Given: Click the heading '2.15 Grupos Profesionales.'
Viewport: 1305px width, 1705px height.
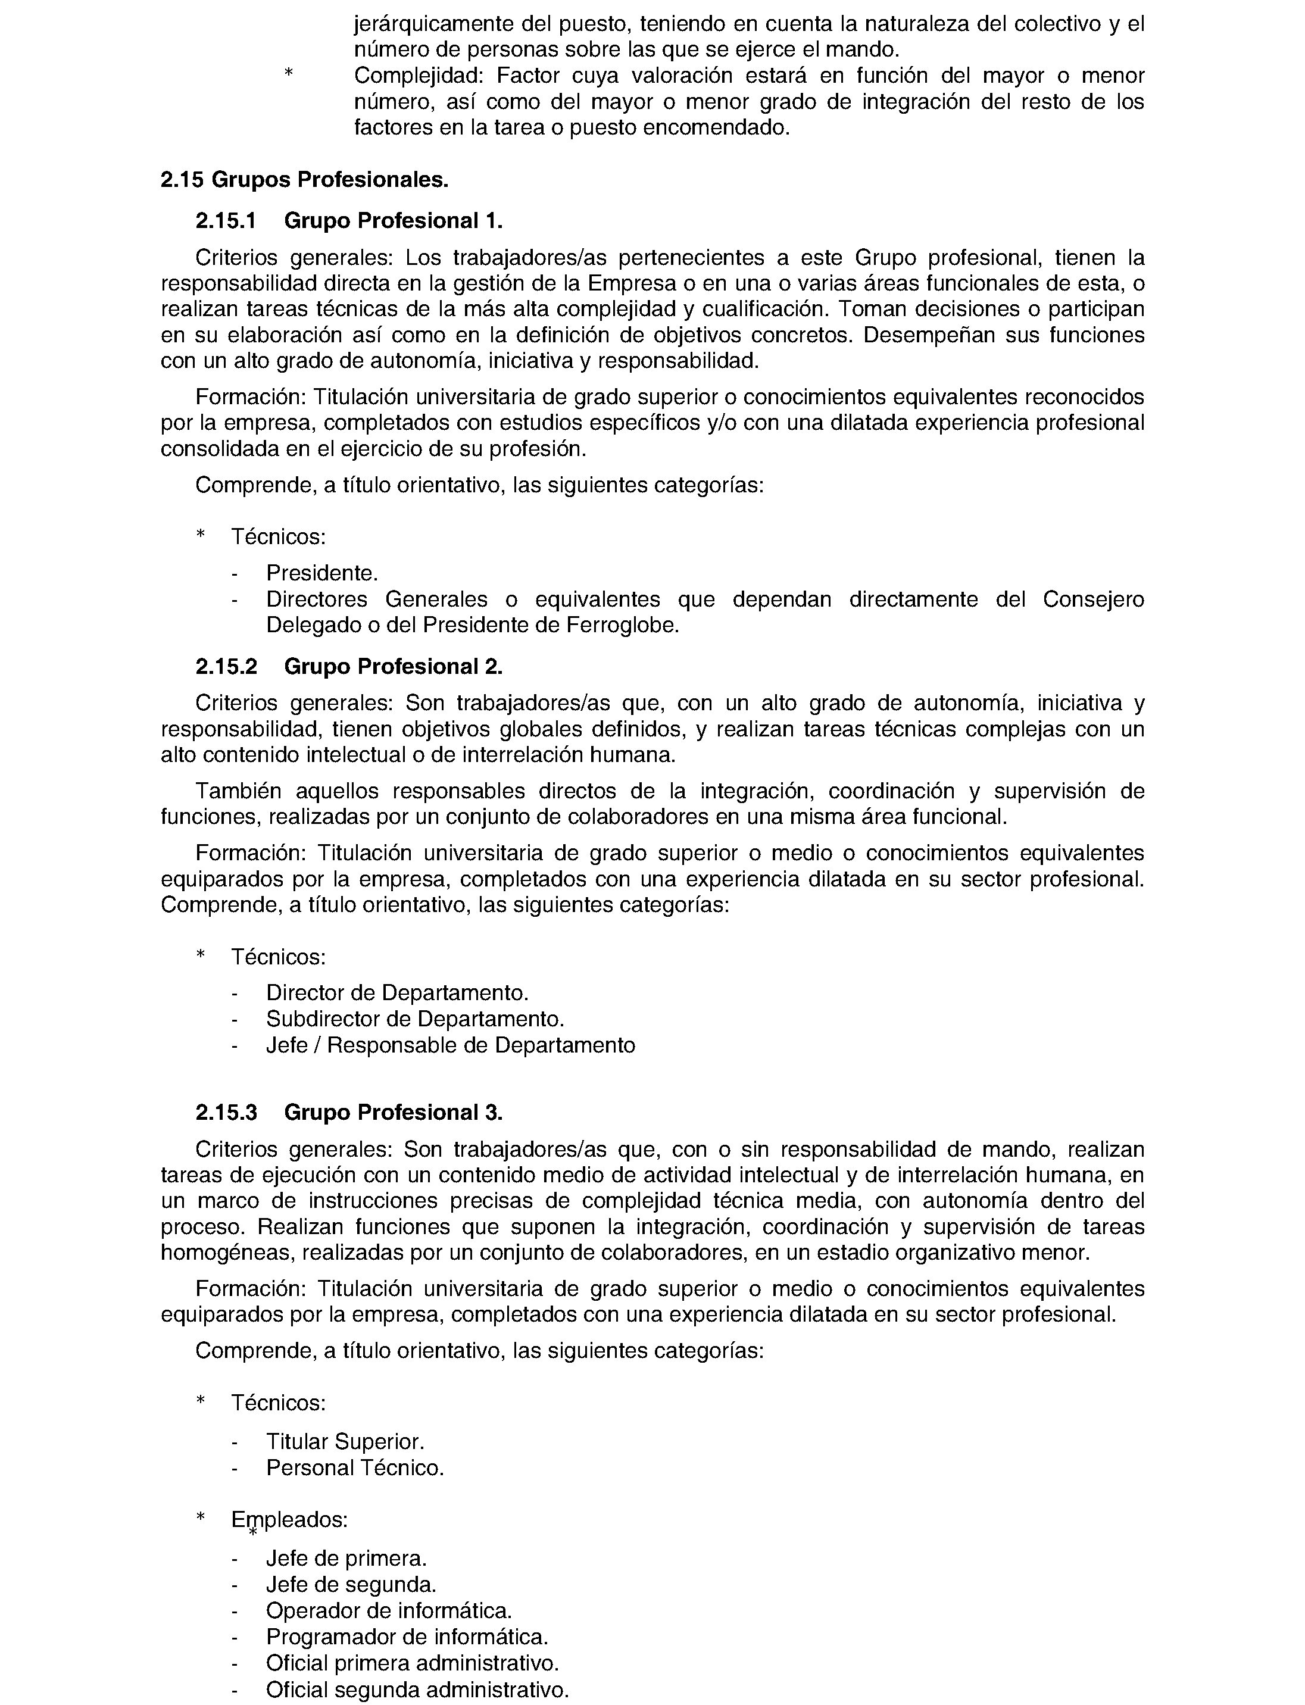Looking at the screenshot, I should (x=304, y=180).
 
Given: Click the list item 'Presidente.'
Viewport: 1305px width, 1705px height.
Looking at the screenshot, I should (x=321, y=573).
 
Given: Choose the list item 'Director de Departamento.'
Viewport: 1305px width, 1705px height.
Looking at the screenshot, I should (x=397, y=993).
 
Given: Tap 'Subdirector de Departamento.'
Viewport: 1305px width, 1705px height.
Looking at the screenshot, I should (x=415, y=1019).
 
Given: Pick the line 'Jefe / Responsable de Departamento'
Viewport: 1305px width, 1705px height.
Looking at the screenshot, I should (x=451, y=1045).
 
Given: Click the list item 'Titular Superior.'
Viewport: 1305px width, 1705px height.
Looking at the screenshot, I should (x=345, y=1442).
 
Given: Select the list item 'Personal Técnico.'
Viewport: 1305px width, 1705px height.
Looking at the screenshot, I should (x=355, y=1468).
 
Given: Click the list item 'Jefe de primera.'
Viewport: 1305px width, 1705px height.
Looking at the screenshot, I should (x=346, y=1558).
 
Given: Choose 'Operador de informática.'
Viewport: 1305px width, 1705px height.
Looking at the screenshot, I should (x=388, y=1610).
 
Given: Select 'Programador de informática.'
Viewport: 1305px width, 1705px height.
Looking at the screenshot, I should (x=407, y=1637).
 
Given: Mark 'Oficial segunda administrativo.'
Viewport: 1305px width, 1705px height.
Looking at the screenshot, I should (x=417, y=1689).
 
